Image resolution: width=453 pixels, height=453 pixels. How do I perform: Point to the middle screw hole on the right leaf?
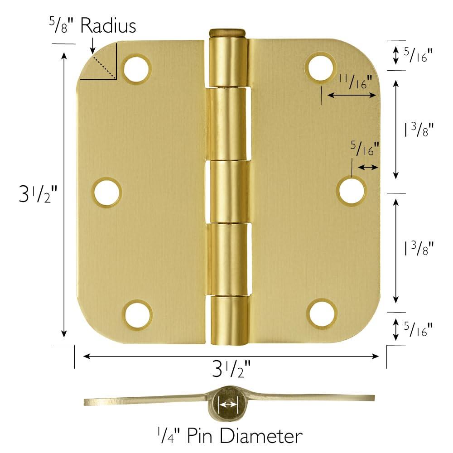tap(352, 190)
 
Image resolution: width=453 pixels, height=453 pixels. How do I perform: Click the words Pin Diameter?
tap(242, 436)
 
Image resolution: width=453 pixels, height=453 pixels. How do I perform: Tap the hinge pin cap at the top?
tap(227, 33)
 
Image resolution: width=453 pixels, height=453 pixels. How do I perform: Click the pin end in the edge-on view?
tap(228, 404)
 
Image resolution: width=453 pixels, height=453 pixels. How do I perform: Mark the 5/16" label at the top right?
tap(418, 55)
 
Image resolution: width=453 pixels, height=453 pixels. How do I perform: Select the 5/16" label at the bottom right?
tap(418, 329)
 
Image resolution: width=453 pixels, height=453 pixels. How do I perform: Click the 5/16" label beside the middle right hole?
tap(365, 149)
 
